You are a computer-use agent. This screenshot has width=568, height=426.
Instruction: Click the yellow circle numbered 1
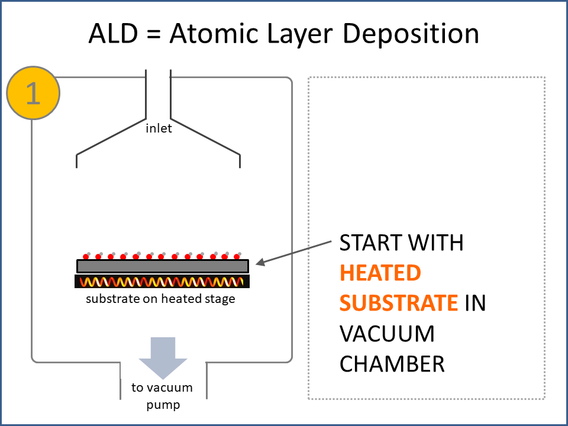click(33, 93)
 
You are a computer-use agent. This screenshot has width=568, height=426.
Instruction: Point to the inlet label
click(159, 128)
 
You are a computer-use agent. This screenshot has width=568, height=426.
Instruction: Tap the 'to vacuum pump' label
click(162, 396)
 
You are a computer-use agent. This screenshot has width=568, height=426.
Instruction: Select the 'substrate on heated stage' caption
click(160, 299)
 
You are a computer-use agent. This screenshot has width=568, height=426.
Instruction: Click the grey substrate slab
click(163, 266)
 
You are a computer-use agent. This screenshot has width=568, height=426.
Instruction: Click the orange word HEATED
click(380, 273)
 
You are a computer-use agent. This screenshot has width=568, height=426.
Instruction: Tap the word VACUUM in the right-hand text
click(387, 333)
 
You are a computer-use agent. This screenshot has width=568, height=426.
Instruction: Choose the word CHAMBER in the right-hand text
click(392, 363)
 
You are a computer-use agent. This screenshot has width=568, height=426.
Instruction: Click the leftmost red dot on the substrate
click(85, 257)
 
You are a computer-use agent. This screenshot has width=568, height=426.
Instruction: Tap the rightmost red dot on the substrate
click(237, 257)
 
